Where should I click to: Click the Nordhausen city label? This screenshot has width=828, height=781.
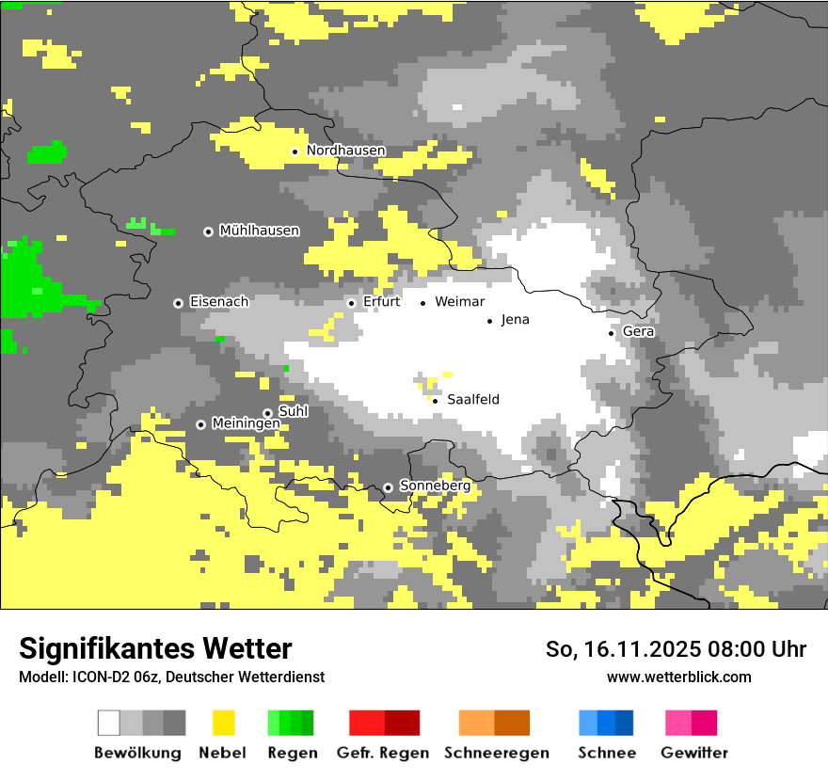pyautogui.click(x=345, y=151)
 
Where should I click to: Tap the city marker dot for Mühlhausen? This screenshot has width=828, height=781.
pyautogui.click(x=208, y=231)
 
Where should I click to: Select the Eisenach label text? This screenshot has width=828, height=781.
pyautogui.click(x=218, y=302)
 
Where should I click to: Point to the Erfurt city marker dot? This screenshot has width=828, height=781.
pyautogui.click(x=351, y=303)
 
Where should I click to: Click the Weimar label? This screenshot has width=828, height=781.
pyautogui.click(x=459, y=302)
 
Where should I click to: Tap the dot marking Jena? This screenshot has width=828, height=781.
pyautogui.click(x=489, y=321)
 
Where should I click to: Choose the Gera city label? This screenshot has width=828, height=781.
pyautogui.click(x=638, y=331)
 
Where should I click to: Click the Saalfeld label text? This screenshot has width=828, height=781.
pyautogui.click(x=472, y=400)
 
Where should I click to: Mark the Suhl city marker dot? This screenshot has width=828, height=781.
pyautogui.click(x=267, y=413)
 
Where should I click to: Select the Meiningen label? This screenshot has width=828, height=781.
pyautogui.click(x=246, y=423)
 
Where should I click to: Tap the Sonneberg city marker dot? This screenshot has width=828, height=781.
pyautogui.click(x=388, y=487)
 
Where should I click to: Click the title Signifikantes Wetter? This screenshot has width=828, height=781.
pyautogui.click(x=155, y=648)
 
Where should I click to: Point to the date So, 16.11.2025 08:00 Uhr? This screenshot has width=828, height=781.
pyautogui.click(x=676, y=649)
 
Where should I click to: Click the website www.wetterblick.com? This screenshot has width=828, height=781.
pyautogui.click(x=678, y=677)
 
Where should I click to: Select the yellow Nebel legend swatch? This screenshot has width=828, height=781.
pyautogui.click(x=223, y=723)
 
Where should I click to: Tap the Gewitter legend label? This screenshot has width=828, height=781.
pyautogui.click(x=693, y=753)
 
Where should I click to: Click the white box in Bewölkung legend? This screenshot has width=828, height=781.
pyautogui.click(x=109, y=723)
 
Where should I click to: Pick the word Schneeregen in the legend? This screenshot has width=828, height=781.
pyautogui.click(x=496, y=753)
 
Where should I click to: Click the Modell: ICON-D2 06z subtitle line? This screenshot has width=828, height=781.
pyautogui.click(x=171, y=677)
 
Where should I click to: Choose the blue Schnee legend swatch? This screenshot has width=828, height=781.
pyautogui.click(x=605, y=723)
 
